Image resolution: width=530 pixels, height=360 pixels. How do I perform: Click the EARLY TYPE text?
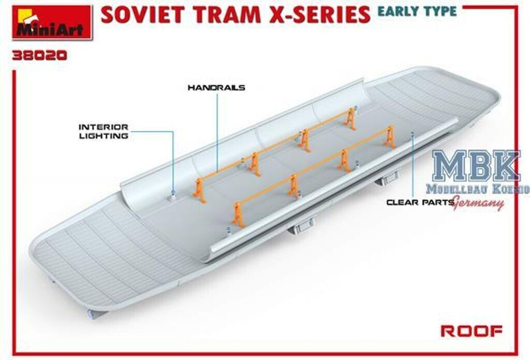click(417, 11)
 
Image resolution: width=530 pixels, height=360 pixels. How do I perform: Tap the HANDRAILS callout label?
click(216, 88)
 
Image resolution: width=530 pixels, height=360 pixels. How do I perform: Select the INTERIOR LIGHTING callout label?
click(104, 131)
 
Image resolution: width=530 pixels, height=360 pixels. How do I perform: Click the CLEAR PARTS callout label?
click(420, 202)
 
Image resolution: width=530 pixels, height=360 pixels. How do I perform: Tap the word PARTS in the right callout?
click(437, 202)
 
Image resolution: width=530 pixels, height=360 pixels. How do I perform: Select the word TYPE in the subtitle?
click(439, 11)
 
